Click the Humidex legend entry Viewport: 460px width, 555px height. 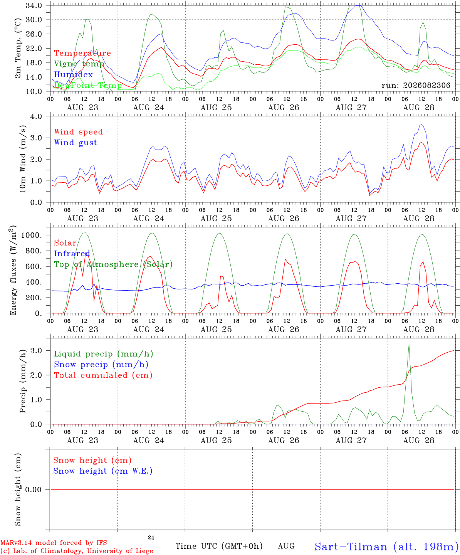coord(73,74)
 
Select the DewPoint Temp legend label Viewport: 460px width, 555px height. coord(88,85)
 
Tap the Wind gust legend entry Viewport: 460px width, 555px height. coord(76,143)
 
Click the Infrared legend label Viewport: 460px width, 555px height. coord(72,254)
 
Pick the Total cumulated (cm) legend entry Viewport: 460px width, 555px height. coord(103,375)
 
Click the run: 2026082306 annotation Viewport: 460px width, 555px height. coord(416,85)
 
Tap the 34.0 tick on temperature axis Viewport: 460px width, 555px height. coord(34,5)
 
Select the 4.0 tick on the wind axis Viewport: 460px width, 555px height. coord(36,116)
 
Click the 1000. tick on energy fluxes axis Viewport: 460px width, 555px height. coord(32,235)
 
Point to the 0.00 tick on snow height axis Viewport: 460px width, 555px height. coord(33,489)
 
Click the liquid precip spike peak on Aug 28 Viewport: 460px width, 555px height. coord(409,344)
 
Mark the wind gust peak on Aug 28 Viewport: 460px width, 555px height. coord(420,124)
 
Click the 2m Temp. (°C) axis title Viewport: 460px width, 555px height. coord(18,49)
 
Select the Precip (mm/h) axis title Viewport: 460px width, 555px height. coord(23,381)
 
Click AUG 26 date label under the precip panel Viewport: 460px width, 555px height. coord(284,441)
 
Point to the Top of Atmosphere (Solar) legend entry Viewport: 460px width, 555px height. coord(114,264)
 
